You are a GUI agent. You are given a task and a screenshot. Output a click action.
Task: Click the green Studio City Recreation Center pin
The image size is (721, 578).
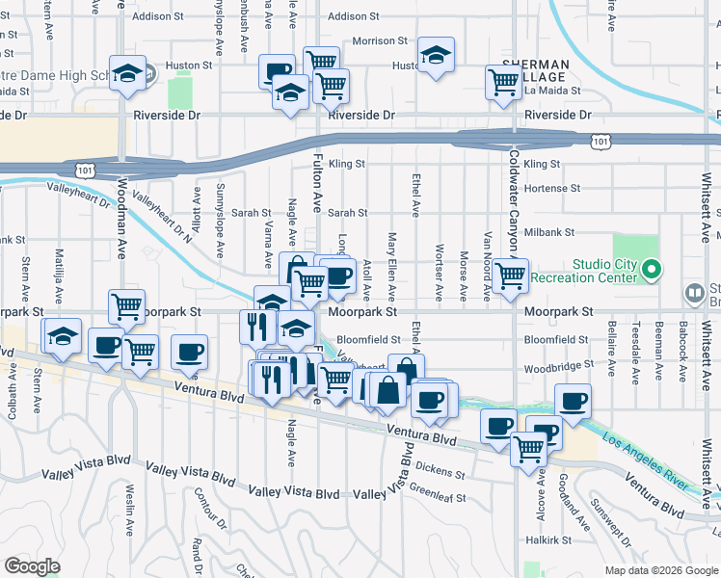click(653, 269)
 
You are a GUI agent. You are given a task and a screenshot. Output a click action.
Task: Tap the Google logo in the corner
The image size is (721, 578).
click(33, 566)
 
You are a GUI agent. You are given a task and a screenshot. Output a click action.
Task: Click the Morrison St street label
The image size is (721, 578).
click(380, 41)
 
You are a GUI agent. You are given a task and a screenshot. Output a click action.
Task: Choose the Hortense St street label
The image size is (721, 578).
click(552, 189)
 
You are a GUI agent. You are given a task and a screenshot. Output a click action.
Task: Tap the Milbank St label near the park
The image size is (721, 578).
click(549, 233)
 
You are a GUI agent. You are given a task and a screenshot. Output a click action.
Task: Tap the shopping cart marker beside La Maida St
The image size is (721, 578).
click(503, 83)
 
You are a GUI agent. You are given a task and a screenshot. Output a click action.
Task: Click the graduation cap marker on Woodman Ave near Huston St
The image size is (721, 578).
click(126, 73)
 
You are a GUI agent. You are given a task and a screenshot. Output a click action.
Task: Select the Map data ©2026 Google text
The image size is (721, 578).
click(660, 570)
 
